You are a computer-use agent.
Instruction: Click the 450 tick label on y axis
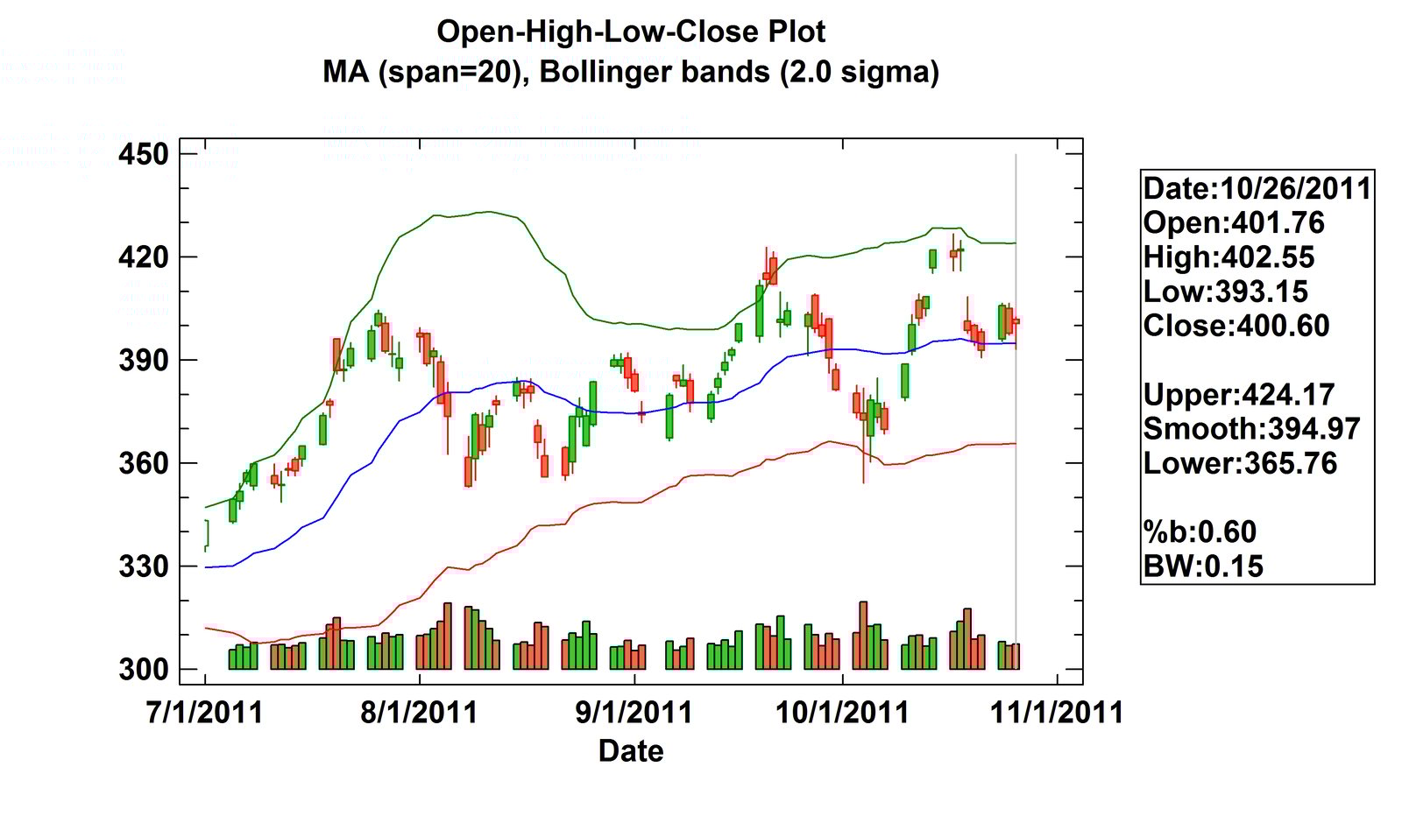point(144,154)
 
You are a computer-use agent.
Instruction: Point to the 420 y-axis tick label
point(144,257)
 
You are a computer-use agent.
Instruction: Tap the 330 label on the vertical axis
point(144,566)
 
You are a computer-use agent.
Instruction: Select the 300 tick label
point(144,670)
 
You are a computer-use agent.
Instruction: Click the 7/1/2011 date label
point(204,712)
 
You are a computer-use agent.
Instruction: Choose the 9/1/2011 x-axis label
point(634,712)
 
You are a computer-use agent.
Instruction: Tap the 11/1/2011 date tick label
point(1057,712)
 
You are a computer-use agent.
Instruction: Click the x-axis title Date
point(631,751)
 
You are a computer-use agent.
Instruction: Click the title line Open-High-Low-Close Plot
point(631,32)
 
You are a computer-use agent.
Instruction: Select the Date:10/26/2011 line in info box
point(1257,188)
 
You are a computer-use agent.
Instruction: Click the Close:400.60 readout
point(1236,326)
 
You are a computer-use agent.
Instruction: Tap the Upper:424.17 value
point(1238,395)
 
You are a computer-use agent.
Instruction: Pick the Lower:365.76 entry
point(1240,463)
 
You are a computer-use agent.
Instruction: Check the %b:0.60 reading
point(1200,532)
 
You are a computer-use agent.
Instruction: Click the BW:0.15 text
point(1203,566)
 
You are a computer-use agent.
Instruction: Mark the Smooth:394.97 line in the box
point(1251,429)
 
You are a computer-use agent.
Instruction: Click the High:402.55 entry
point(1229,257)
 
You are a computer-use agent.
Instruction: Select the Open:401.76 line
point(1234,222)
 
